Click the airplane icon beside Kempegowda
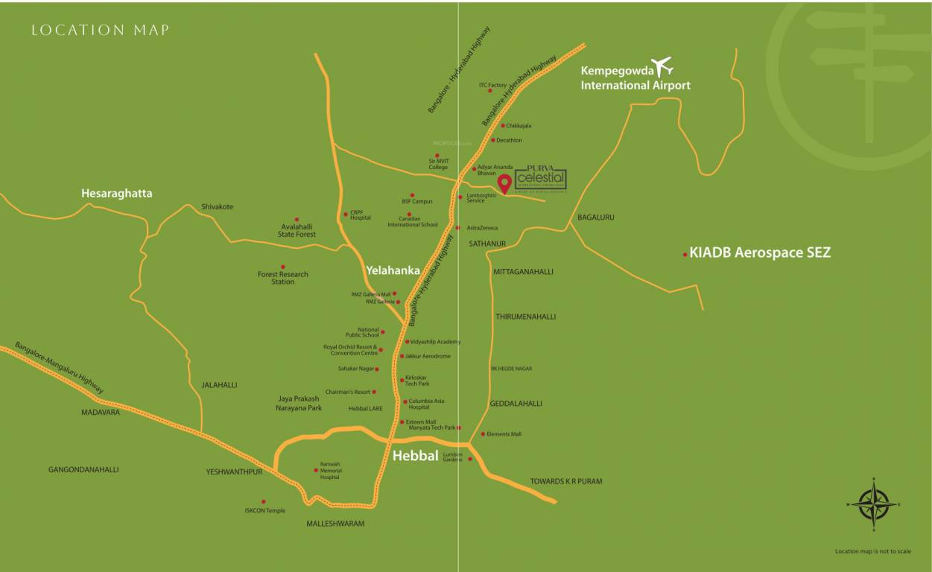(x=661, y=67)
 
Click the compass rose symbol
(x=874, y=504)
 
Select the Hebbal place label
(x=415, y=456)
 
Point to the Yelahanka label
(x=393, y=270)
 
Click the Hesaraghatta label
(x=116, y=194)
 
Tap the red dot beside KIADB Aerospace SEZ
(x=685, y=255)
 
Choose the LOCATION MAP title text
(x=101, y=31)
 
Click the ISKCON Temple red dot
(x=263, y=501)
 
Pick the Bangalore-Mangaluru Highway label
(x=60, y=368)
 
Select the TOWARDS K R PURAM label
(x=565, y=481)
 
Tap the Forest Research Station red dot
(x=282, y=266)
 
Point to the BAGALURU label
(x=596, y=217)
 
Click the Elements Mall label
(x=504, y=433)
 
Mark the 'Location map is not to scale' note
(x=872, y=552)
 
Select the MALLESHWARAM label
(x=335, y=524)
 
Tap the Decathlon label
(x=509, y=140)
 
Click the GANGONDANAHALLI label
(x=83, y=470)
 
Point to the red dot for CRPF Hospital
(x=345, y=214)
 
